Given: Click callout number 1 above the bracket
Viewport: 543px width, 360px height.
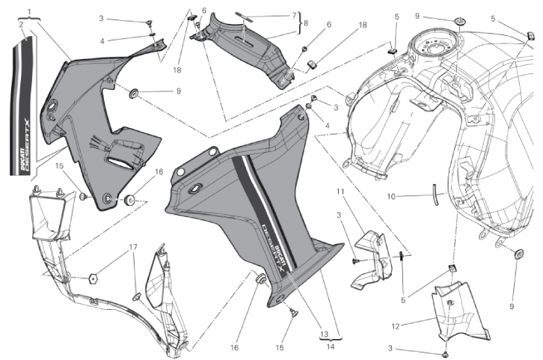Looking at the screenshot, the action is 29,12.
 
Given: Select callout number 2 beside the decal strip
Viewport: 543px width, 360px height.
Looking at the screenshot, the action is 22,24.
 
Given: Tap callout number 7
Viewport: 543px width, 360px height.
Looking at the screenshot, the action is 294,15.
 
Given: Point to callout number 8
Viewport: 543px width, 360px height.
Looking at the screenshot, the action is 306,23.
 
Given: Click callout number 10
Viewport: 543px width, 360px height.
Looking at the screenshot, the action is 391,196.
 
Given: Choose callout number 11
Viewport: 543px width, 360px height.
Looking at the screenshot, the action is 340,191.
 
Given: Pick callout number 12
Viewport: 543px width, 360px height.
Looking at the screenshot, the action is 396,326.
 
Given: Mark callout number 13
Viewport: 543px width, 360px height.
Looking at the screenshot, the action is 324,335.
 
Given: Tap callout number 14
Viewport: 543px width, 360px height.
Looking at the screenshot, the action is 331,346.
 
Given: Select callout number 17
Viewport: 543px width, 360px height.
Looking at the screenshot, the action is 133,247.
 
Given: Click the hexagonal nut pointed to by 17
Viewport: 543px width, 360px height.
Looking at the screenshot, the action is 93,278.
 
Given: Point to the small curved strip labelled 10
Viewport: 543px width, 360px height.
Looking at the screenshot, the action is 435,195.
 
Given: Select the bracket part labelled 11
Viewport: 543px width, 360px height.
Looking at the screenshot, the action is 372,260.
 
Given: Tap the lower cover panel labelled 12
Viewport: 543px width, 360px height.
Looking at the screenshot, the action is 461,312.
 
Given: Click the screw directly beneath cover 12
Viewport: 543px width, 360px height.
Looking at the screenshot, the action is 447,355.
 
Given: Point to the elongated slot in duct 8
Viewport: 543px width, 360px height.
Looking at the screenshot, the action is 245,39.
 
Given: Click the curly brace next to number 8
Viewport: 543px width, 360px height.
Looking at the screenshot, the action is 300,23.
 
